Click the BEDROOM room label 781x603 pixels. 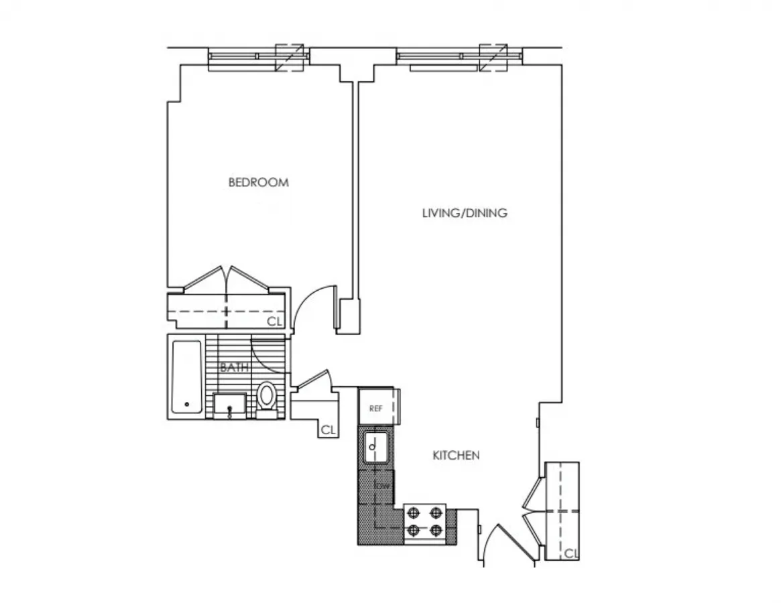(258, 182)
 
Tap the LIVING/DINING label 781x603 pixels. (464, 214)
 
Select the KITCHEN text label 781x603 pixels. (456, 456)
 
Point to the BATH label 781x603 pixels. (235, 367)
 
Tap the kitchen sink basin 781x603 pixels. (375, 447)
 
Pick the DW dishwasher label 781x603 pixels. (383, 486)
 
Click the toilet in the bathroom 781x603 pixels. (267, 397)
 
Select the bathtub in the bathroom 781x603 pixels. (186, 377)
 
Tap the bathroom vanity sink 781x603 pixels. (231, 405)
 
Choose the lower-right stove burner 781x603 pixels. (436, 531)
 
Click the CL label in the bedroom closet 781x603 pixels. (274, 322)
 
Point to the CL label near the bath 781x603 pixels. (328, 430)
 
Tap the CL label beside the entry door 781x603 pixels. (570, 553)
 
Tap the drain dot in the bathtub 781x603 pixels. (186, 405)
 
